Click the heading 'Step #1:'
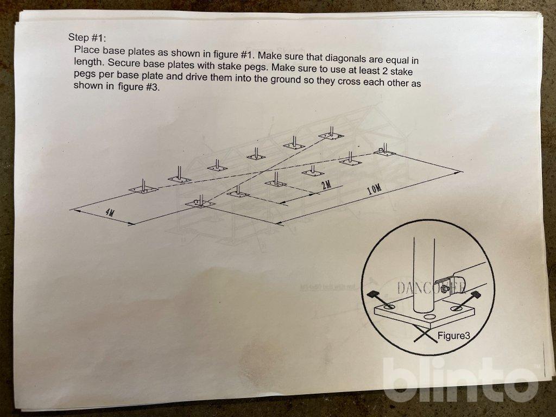coord(87,37)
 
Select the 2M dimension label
coord(326,185)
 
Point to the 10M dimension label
coord(375,189)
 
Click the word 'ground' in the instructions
coord(286,79)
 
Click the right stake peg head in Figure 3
coord(475,294)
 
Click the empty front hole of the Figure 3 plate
coord(428,317)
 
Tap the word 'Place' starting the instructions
coord(87,49)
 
